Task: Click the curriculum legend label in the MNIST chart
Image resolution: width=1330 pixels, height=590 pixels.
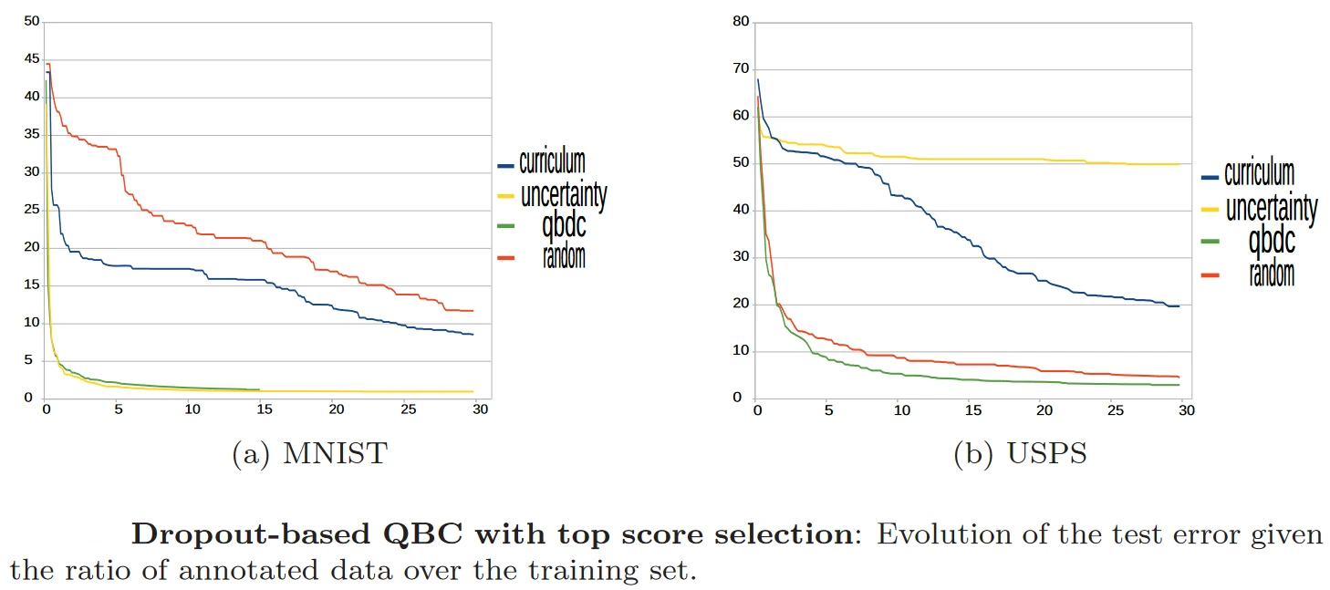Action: coord(552,163)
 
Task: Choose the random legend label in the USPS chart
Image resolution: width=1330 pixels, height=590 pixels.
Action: coord(1272,271)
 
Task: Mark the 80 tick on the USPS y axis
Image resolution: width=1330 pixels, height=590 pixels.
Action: coord(742,21)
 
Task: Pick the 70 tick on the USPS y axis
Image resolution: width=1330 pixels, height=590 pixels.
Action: coord(742,68)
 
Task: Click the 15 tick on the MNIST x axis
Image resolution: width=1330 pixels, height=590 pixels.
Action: coord(264,409)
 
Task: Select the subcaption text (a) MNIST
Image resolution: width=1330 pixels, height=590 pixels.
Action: coord(309,453)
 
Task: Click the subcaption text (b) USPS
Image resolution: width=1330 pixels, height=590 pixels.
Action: coord(1020,453)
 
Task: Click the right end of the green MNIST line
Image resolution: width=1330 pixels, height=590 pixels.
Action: coord(259,389)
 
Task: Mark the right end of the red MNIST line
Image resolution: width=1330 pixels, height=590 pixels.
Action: coord(473,311)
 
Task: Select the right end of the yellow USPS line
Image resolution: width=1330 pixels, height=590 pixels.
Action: coord(1179,164)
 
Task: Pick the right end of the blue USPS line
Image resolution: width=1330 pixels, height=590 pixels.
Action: coord(1179,305)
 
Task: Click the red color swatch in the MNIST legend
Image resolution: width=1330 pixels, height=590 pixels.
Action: coord(505,258)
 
